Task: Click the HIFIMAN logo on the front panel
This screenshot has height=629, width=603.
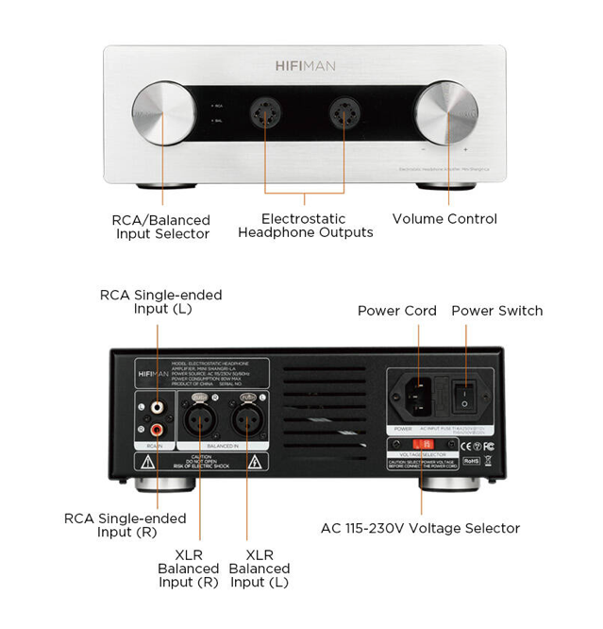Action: pos(305,66)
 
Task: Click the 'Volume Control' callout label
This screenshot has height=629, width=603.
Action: pos(444,219)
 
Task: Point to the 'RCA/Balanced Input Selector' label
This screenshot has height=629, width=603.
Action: pos(162,227)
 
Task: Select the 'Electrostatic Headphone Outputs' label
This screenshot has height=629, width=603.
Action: pos(305,225)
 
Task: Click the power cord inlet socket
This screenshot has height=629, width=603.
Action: pos(420,397)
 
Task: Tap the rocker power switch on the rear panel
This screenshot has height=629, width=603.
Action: pos(464,397)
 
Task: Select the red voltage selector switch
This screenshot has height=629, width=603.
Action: pos(422,442)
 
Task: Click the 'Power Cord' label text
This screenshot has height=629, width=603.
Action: pos(396,311)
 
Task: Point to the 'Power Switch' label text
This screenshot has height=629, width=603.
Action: pos(496,311)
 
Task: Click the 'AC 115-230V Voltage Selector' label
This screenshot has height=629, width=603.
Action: pos(421,528)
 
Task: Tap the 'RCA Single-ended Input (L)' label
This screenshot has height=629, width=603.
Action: pos(161,301)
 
